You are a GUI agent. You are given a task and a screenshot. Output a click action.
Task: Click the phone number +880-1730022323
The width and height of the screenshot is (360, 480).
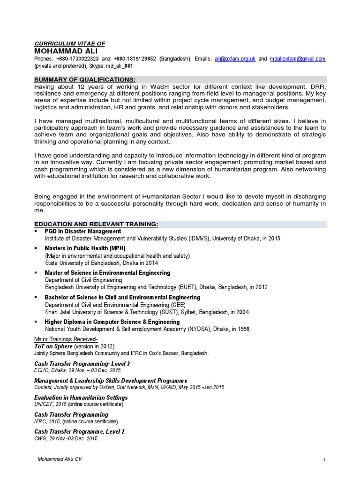pyautogui.click(x=77, y=59)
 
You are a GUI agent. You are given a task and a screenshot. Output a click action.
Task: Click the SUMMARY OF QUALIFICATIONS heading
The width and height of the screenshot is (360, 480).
pyautogui.click(x=85, y=80)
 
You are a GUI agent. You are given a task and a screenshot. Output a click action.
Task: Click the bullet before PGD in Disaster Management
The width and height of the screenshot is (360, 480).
pyautogui.click(x=36, y=232)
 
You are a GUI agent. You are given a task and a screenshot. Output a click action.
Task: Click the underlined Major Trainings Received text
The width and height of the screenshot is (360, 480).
pyautogui.click(x=66, y=339)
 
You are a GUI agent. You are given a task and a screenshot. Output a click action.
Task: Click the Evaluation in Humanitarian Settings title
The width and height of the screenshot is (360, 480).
pyautogui.click(x=81, y=397)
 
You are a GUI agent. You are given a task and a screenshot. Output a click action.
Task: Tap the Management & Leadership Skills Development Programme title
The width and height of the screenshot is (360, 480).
pyautogui.click(x=111, y=380)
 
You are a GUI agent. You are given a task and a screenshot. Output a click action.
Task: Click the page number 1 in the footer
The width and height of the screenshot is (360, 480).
pyautogui.click(x=324, y=459)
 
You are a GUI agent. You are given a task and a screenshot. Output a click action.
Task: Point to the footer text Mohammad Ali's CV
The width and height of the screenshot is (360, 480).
pyautogui.click(x=60, y=459)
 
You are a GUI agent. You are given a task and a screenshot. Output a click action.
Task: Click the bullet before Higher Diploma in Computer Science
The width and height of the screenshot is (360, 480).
pyautogui.click(x=36, y=322)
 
